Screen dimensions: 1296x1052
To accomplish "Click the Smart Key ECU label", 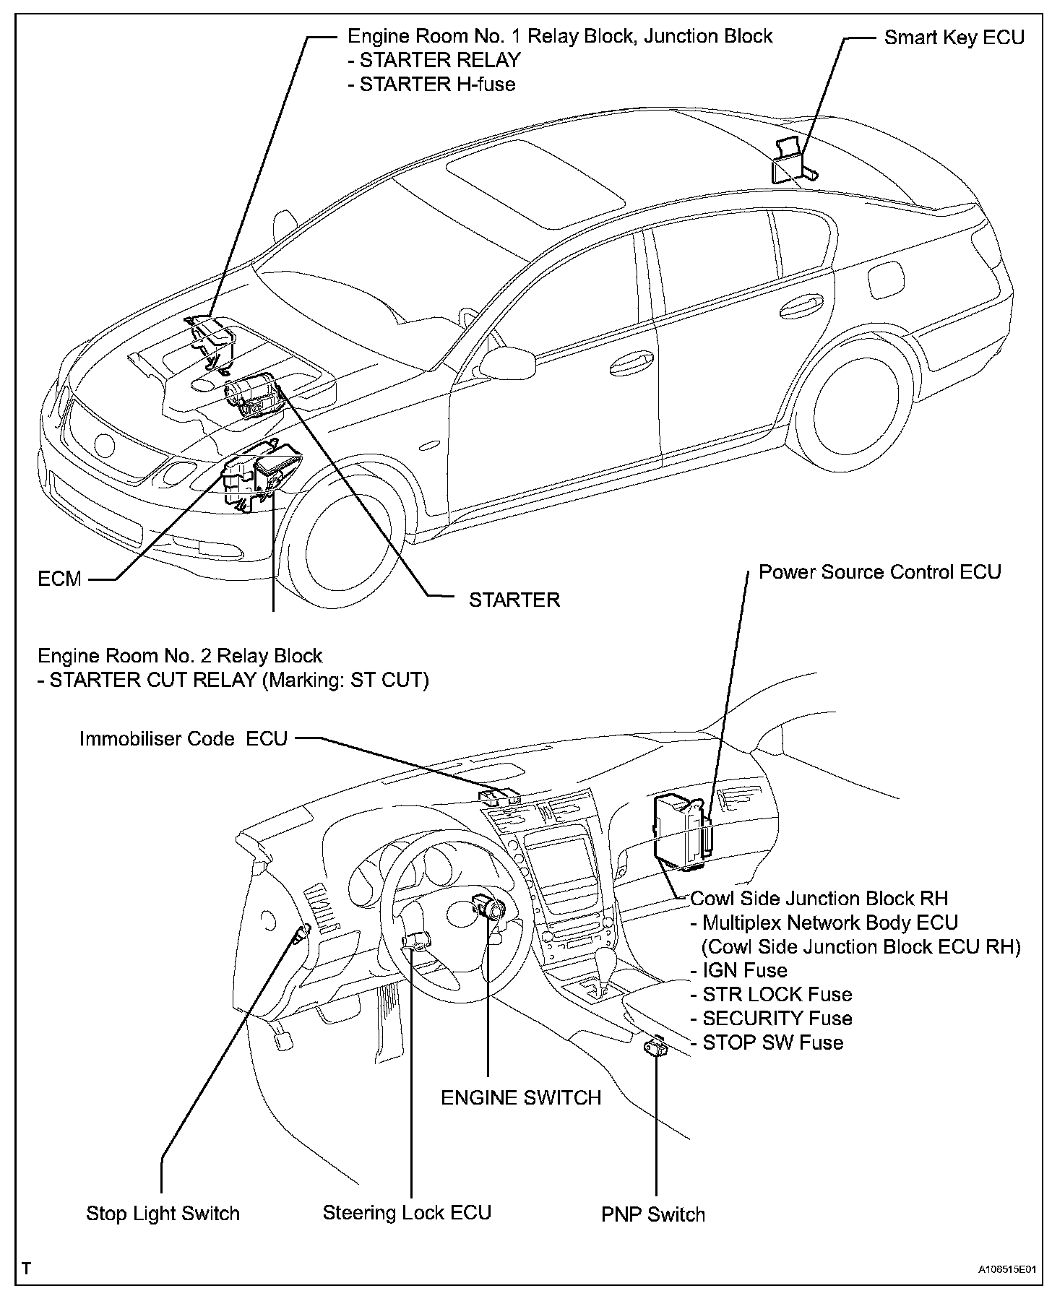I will [954, 38].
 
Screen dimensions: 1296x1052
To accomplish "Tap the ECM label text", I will [59, 579].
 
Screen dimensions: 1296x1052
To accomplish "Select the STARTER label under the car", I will [514, 600].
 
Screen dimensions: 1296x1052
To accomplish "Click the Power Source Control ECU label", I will [879, 572].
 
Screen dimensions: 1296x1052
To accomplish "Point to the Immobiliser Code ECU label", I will [184, 738].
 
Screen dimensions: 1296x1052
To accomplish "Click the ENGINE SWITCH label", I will [521, 1097].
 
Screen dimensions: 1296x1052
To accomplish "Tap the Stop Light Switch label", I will [163, 1213].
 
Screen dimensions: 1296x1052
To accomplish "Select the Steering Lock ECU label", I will [407, 1212].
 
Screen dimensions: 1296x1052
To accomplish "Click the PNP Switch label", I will [653, 1214].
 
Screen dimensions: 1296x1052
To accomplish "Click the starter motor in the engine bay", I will [250, 395].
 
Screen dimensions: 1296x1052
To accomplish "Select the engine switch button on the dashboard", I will [487, 906].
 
